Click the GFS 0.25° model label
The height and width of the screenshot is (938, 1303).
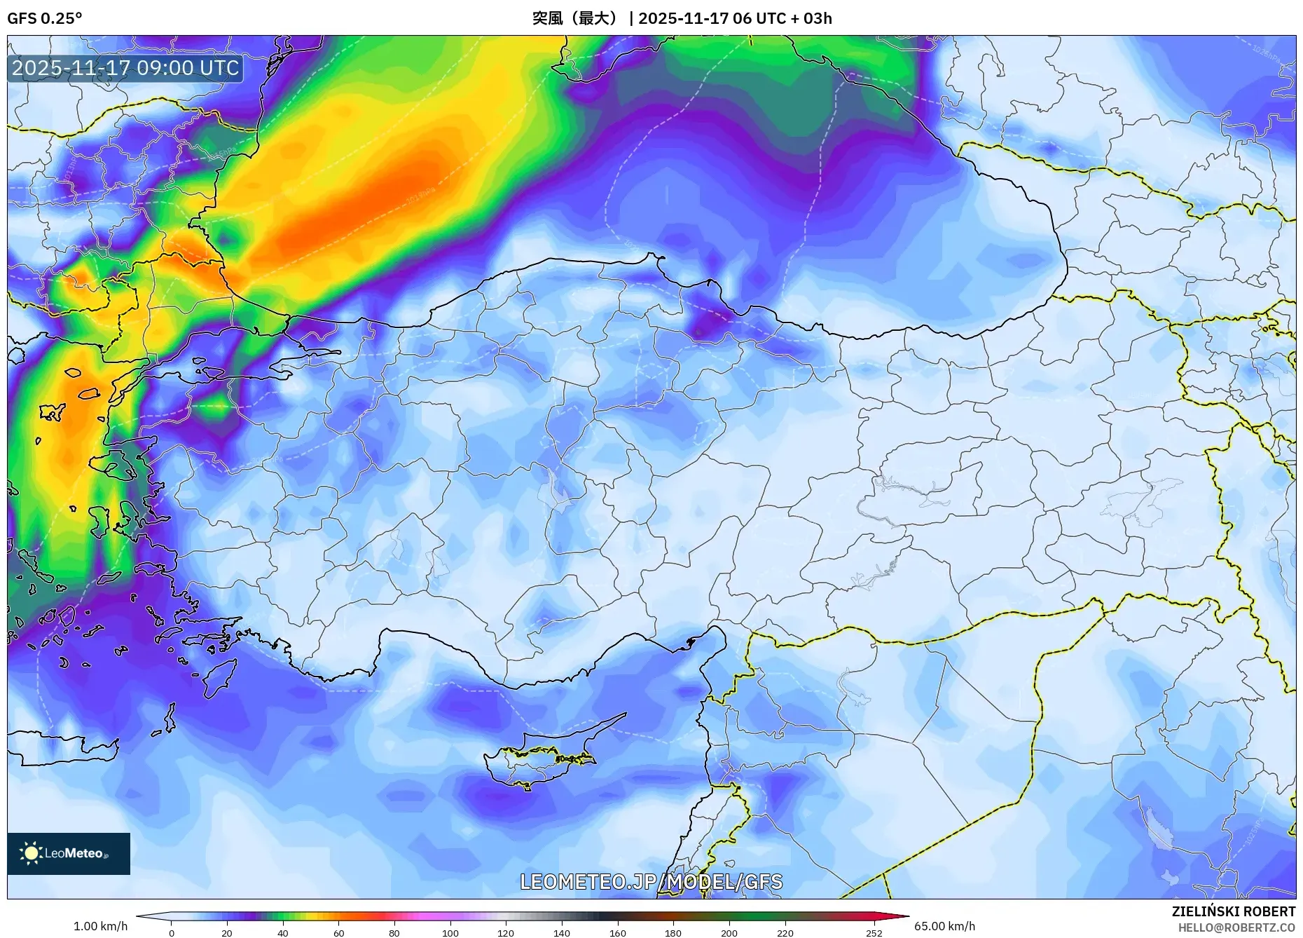44,18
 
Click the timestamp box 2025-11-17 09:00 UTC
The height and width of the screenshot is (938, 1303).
125,68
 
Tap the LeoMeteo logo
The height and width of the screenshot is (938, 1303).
69,853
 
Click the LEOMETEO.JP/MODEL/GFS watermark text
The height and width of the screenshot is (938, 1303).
651,881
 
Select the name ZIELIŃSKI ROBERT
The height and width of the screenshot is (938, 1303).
1233,911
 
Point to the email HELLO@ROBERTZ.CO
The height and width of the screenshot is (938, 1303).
1236,927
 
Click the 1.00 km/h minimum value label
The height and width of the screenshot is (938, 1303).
100,926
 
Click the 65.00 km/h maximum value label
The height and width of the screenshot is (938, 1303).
944,926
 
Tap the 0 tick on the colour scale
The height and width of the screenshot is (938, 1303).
171,932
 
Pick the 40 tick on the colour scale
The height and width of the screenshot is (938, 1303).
282,932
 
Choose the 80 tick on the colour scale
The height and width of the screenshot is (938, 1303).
394,932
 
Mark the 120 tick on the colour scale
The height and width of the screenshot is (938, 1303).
506,932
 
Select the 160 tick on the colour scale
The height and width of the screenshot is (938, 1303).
617,932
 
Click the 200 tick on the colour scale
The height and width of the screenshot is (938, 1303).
729,932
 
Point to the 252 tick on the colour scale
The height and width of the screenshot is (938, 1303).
874,932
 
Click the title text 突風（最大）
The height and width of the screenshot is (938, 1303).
576,18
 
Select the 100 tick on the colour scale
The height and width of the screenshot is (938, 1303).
450,932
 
